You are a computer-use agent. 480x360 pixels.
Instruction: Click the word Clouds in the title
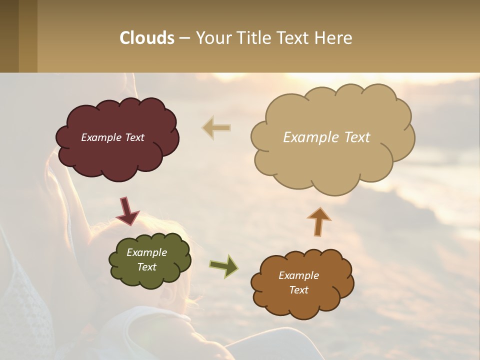[x=147, y=38]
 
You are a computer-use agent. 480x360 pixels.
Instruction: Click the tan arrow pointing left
[x=216, y=127]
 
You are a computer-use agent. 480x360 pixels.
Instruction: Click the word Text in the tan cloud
[x=356, y=137]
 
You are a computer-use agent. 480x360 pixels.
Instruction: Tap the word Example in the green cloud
[x=146, y=252]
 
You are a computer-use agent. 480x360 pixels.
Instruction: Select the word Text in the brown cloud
[x=298, y=290]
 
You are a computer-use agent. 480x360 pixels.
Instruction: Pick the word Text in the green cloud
[x=146, y=267]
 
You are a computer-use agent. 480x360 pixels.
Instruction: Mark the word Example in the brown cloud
[x=298, y=275]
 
